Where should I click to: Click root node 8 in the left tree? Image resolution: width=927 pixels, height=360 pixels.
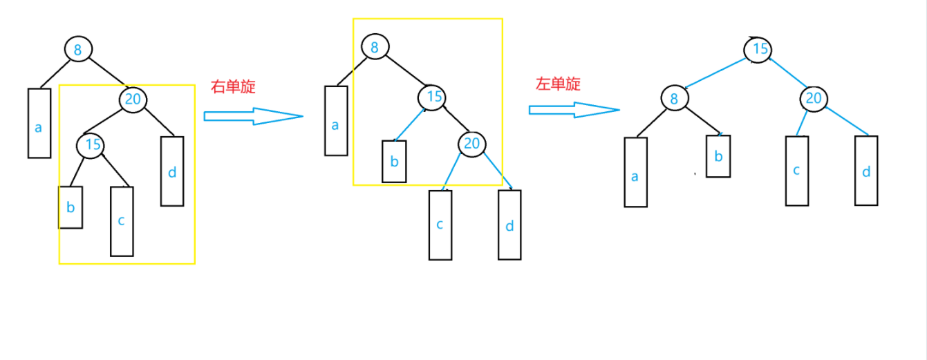[78, 49]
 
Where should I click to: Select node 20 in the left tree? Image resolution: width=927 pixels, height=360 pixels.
[133, 100]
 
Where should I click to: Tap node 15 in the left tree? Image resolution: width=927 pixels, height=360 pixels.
[91, 145]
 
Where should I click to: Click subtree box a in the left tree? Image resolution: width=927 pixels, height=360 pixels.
[39, 123]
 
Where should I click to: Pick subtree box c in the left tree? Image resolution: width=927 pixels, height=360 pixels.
[122, 221]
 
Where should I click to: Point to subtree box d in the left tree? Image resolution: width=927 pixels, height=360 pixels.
[172, 171]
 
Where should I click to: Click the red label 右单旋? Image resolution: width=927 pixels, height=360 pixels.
[233, 87]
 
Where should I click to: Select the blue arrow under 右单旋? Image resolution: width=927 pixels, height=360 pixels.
[254, 117]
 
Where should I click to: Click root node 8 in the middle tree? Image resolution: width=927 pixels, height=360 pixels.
[375, 47]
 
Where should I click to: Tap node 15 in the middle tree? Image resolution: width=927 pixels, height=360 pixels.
[433, 97]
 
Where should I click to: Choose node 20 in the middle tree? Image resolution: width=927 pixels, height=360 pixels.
[471, 144]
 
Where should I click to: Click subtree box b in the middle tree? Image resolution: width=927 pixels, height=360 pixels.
[394, 161]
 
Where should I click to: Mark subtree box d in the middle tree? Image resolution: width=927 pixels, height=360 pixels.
[509, 225]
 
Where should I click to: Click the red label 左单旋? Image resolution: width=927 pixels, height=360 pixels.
[559, 84]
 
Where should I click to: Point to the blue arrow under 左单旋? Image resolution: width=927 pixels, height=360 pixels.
[574, 109]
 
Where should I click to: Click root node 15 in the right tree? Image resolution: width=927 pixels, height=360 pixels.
[758, 50]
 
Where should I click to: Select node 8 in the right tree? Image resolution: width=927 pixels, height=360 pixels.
[673, 98]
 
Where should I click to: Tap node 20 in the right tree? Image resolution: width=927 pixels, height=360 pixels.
[814, 99]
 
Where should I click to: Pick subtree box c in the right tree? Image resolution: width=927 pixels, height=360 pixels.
[797, 171]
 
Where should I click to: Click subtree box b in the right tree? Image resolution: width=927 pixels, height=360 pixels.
[718, 155]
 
